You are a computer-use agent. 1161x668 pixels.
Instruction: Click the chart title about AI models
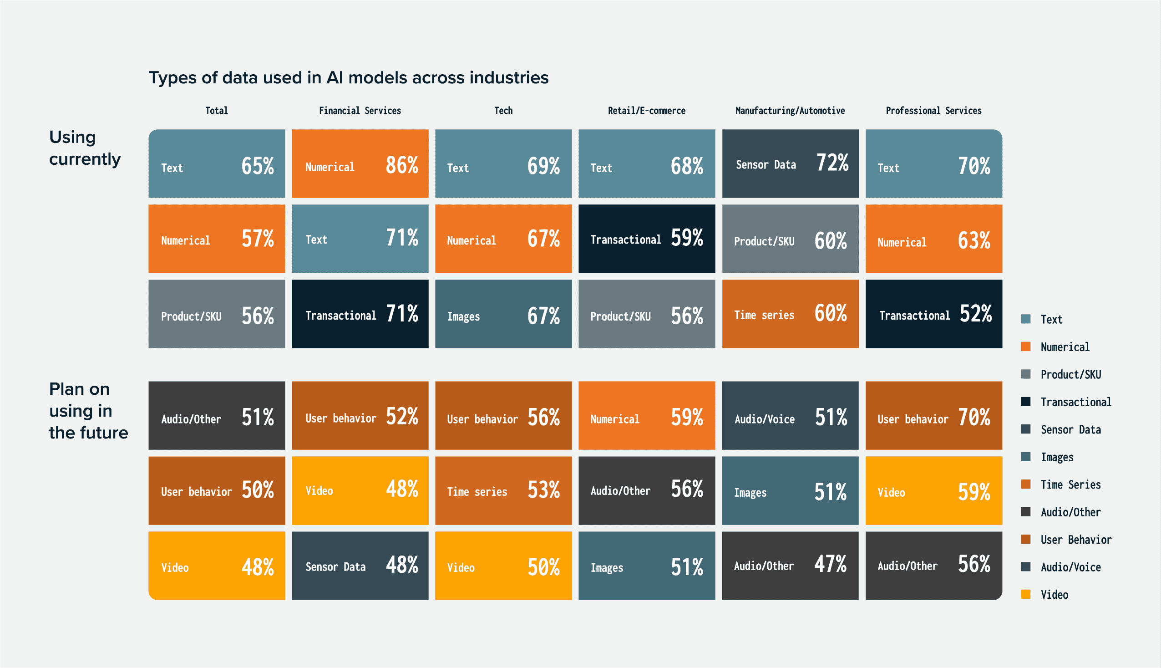click(349, 77)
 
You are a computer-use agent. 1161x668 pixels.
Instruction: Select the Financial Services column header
click(360, 111)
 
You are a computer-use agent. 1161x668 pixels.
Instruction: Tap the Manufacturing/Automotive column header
click(790, 111)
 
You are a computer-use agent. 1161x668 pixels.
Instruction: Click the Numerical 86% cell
click(360, 164)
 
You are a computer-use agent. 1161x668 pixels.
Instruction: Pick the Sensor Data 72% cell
click(790, 164)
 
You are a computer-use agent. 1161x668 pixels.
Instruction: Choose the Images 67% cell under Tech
click(503, 314)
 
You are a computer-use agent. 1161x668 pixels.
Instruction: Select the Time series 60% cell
click(790, 314)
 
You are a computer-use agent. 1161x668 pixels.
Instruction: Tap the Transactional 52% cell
click(933, 314)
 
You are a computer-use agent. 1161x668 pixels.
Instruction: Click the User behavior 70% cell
click(933, 416)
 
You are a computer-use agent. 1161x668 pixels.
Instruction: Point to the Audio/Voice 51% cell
click(790, 416)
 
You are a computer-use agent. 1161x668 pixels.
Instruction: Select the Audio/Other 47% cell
click(790, 566)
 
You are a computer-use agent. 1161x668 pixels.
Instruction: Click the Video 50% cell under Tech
click(503, 566)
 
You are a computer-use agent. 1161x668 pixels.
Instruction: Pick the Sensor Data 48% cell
click(360, 566)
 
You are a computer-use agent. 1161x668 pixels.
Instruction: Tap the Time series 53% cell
click(503, 490)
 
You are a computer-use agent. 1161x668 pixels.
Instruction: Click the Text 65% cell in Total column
click(217, 164)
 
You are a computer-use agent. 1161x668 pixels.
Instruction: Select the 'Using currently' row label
click(85, 148)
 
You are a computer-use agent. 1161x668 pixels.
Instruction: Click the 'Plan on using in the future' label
click(88, 411)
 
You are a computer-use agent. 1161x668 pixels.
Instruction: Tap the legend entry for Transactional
click(1075, 402)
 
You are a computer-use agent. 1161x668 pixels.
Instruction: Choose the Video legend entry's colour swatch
click(1026, 594)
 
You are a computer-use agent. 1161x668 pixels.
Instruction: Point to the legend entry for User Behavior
click(1075, 540)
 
